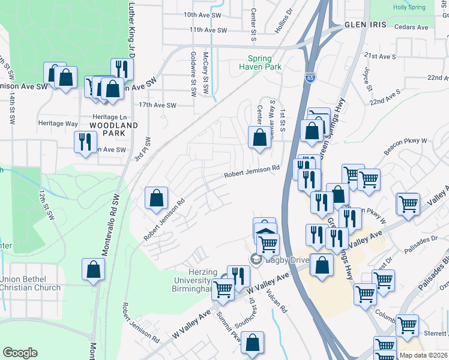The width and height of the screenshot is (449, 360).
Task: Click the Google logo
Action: coord(20,353)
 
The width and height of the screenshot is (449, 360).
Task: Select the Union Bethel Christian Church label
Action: coord(30,284)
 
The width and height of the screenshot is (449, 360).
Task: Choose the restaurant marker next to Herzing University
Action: coord(238,276)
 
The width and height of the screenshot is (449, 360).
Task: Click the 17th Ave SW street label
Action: coord(157,105)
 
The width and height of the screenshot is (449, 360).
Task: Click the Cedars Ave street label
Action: coord(412,27)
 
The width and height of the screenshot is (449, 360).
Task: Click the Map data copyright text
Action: coord(423,355)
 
